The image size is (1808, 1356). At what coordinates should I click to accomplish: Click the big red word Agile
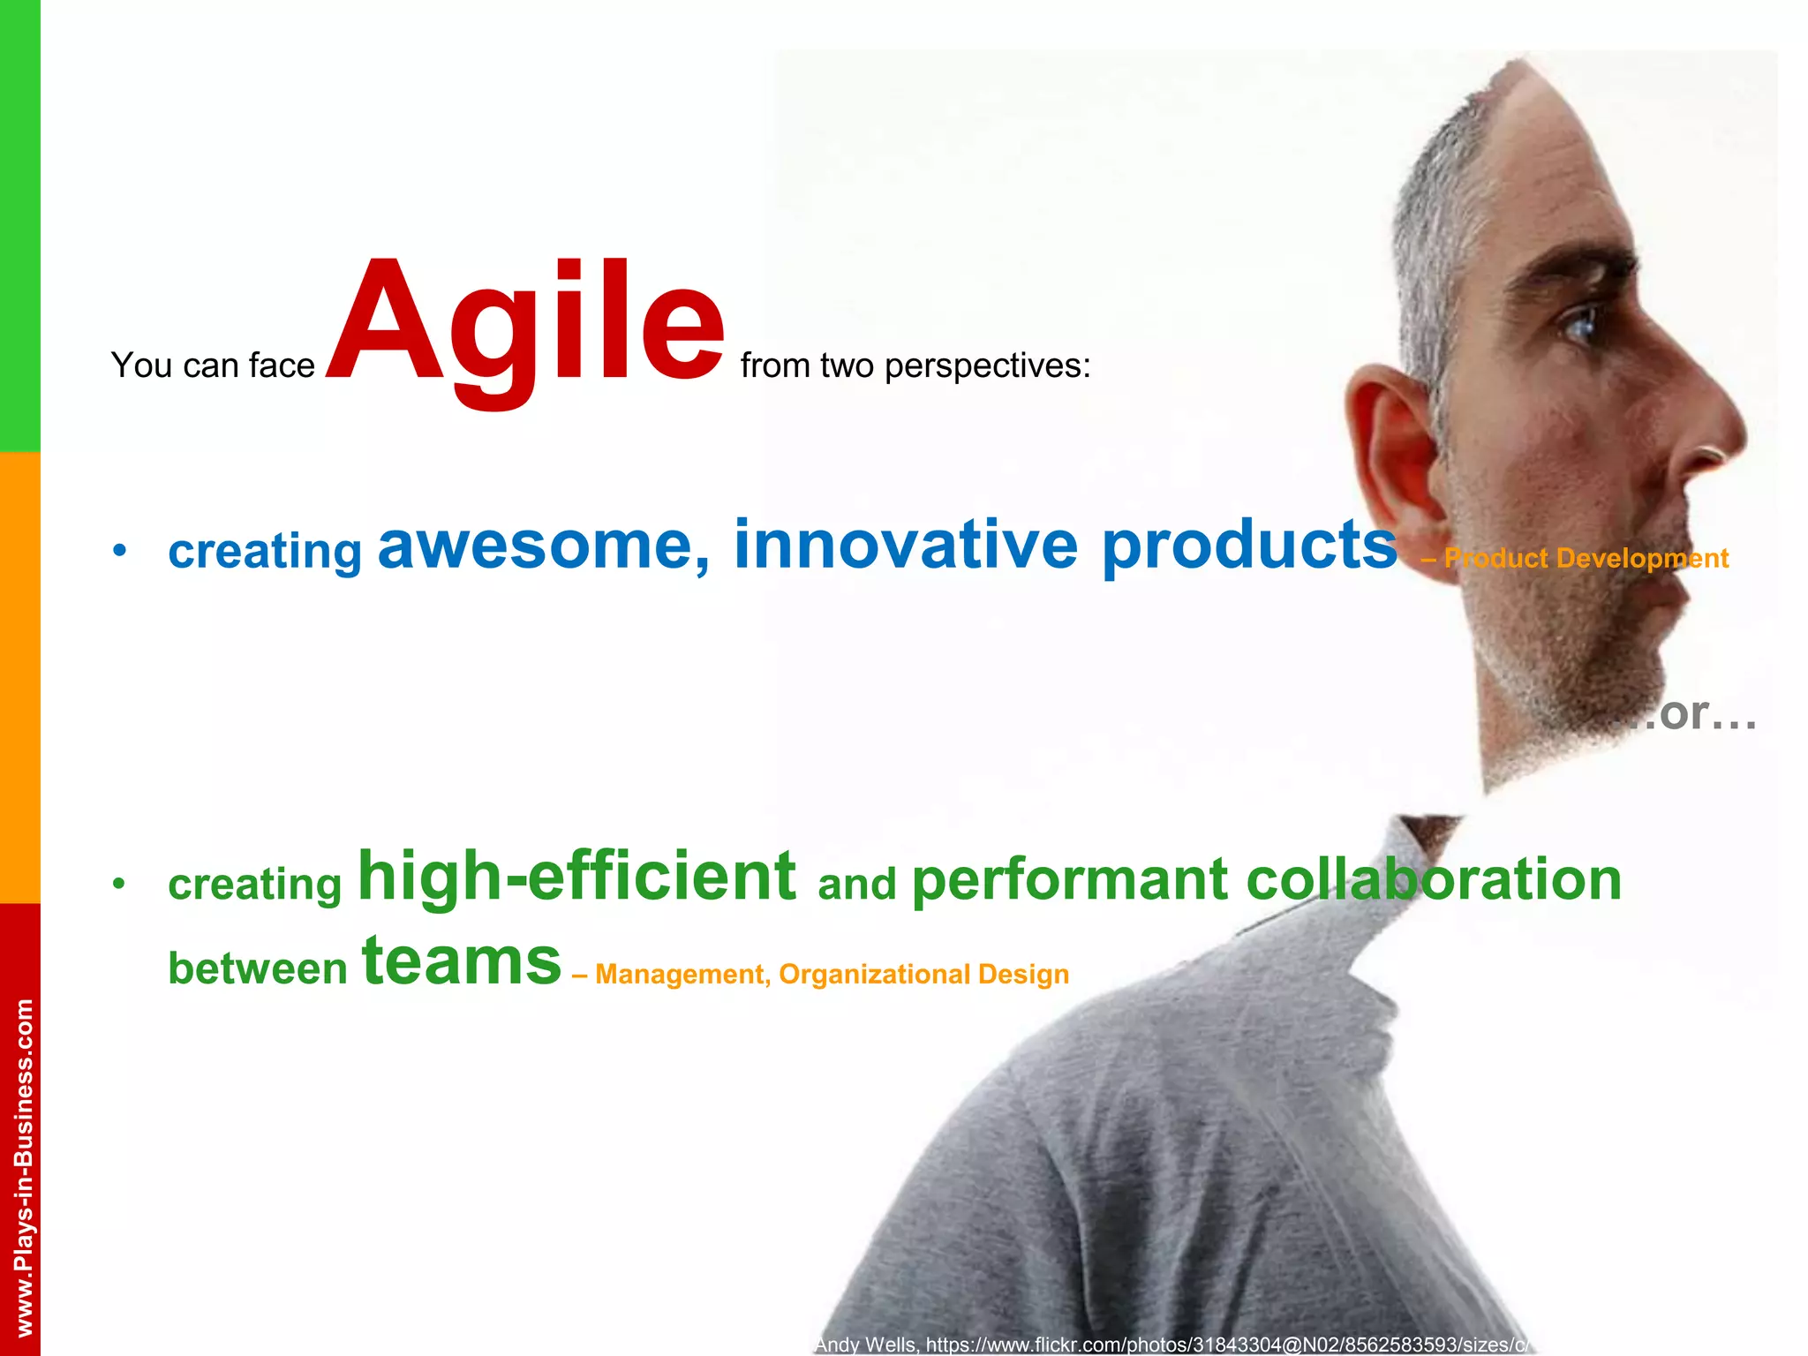(x=526, y=324)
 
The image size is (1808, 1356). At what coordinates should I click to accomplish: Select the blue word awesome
(x=543, y=546)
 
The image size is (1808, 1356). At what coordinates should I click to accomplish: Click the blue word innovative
(x=906, y=545)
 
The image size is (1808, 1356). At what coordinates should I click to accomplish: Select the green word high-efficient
(x=576, y=878)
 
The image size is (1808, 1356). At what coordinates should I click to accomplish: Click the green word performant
(x=1069, y=880)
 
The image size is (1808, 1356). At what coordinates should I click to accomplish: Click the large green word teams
(x=462, y=962)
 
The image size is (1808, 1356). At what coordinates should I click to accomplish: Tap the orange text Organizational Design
(x=923, y=975)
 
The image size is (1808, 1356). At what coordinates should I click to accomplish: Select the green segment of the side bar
(x=19, y=225)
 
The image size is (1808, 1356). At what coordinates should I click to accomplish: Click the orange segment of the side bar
(x=19, y=677)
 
